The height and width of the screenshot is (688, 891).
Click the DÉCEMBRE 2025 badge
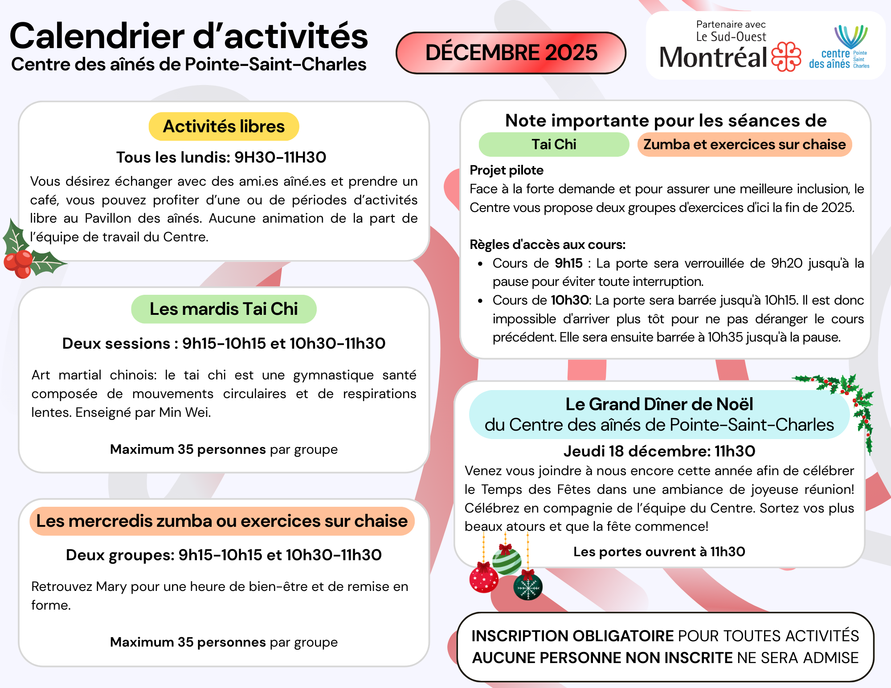pyautogui.click(x=511, y=53)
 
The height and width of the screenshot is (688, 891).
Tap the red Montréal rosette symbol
pyautogui.click(x=786, y=57)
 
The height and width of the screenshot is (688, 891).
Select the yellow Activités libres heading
pyautogui.click(x=224, y=126)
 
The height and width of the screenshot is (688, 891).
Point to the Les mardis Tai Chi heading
pyautogui.click(x=224, y=309)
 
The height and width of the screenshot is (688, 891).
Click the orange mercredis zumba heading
pyautogui.click(x=222, y=521)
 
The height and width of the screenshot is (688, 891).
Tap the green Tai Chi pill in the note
pyautogui.click(x=554, y=144)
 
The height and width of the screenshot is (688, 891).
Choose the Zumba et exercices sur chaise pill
pyautogui.click(x=744, y=144)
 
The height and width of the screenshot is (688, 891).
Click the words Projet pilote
pyautogui.click(x=507, y=170)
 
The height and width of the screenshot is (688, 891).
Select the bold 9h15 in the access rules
pyautogui.click(x=568, y=263)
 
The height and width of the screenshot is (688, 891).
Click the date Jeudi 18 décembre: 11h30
pyautogui.click(x=659, y=451)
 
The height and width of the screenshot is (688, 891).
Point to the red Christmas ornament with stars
pyautogui.click(x=484, y=578)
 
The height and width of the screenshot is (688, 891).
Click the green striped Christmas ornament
pyautogui.click(x=507, y=561)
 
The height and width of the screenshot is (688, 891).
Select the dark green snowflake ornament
pyautogui.click(x=528, y=587)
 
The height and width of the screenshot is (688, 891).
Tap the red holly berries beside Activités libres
pyautogui.click(x=18, y=263)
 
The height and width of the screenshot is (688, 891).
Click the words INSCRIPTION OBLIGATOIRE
pyautogui.click(x=572, y=636)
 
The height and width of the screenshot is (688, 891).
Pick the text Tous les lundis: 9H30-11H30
pyautogui.click(x=221, y=157)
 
